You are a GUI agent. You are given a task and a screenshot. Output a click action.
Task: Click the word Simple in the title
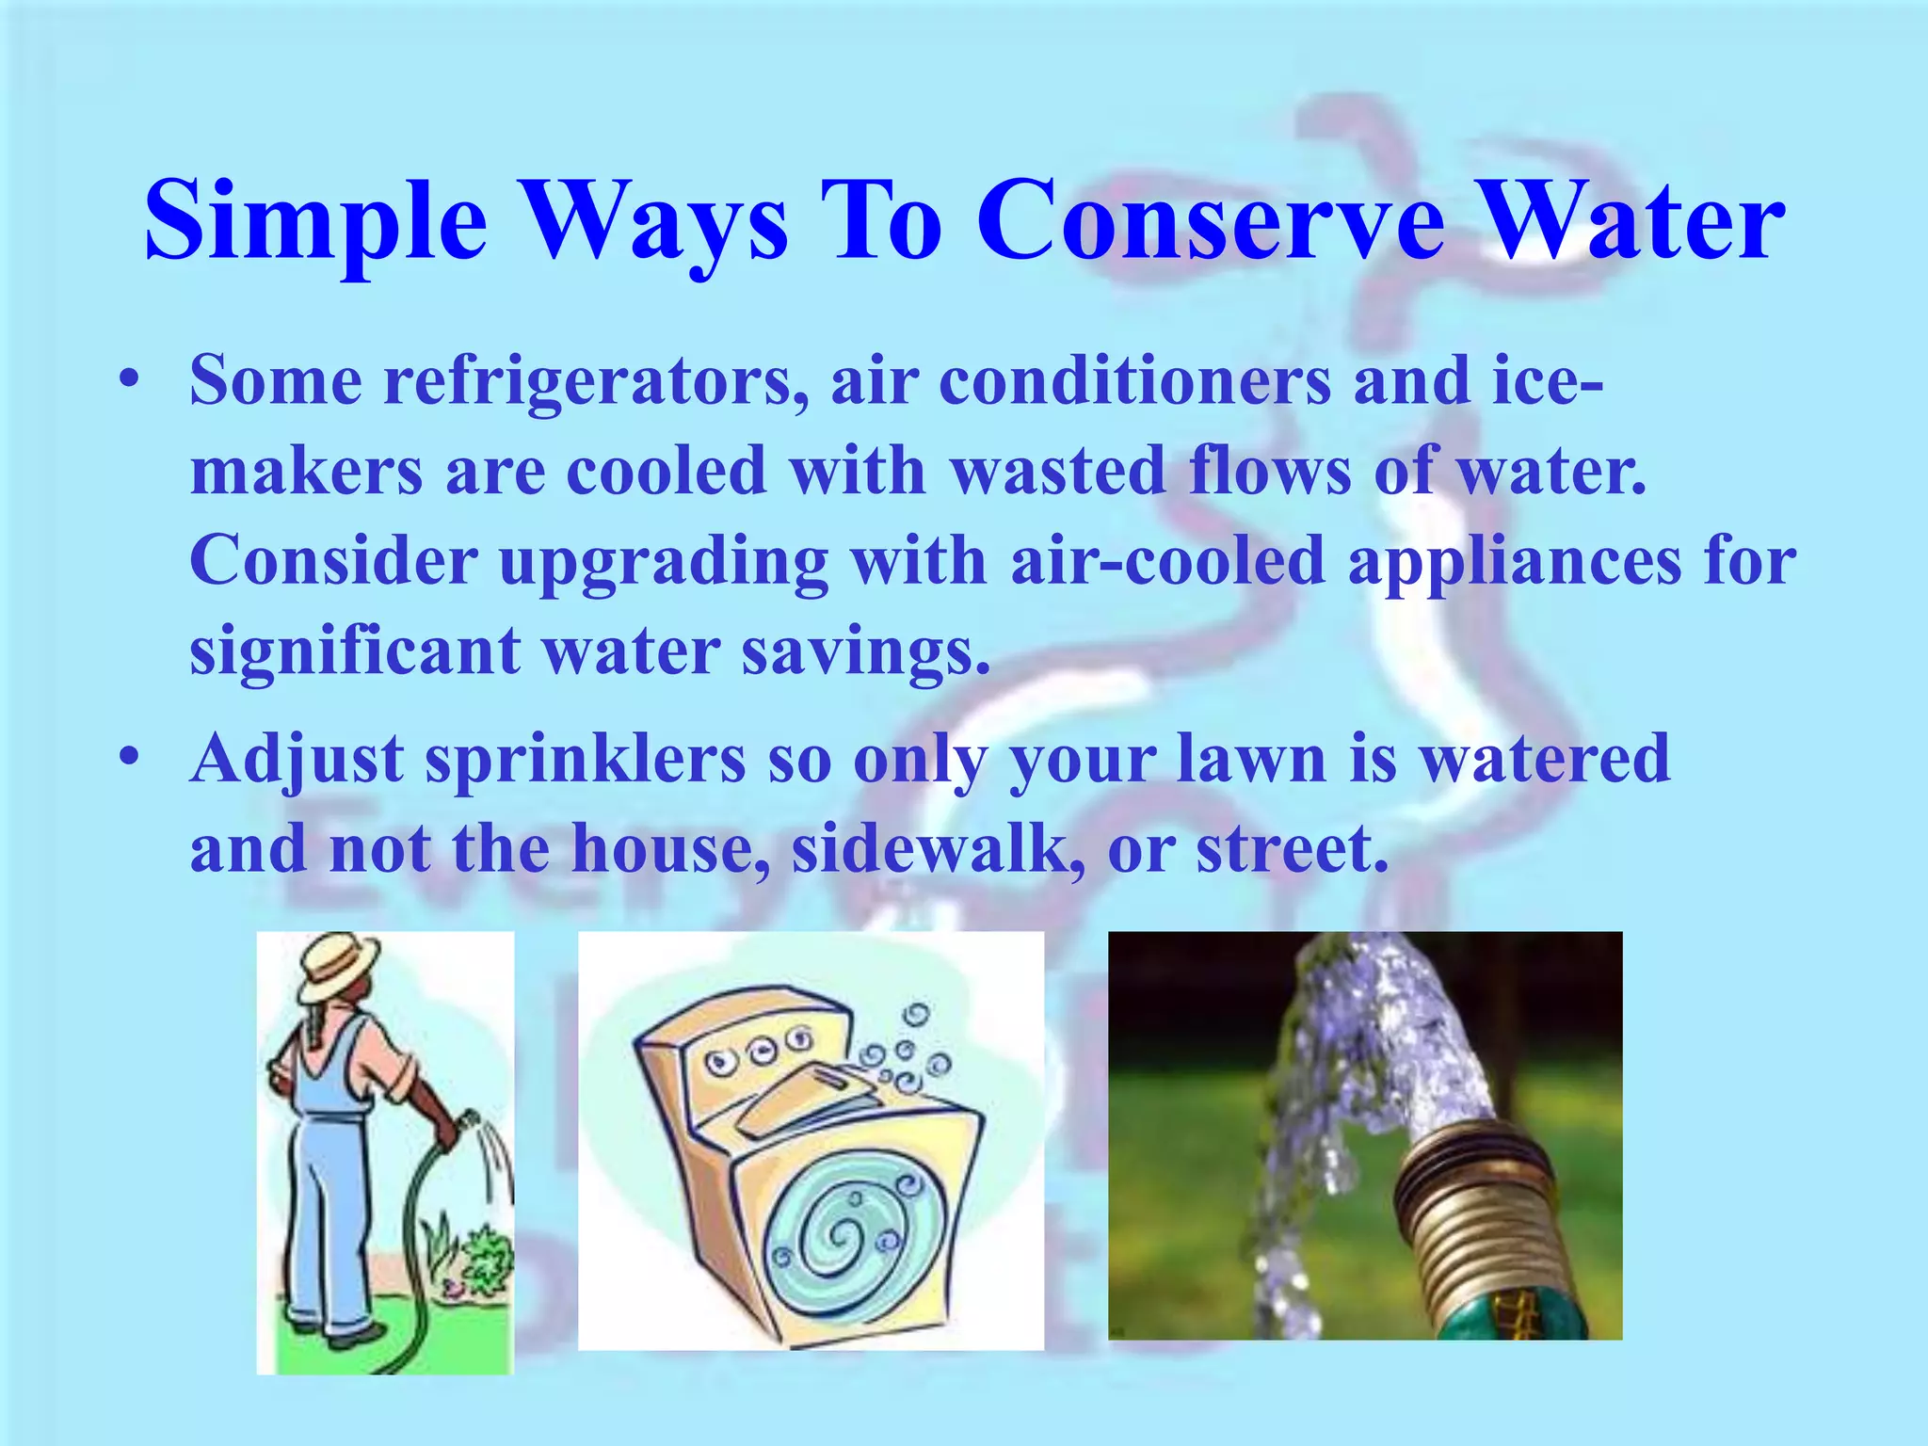pyautogui.click(x=315, y=221)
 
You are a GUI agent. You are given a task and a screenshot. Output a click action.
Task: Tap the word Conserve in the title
pyautogui.click(x=1210, y=221)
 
